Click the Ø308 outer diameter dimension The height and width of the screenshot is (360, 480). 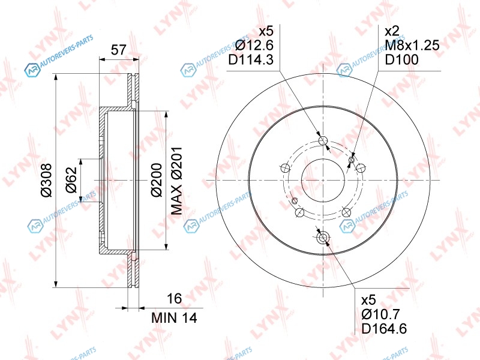click(x=47, y=181)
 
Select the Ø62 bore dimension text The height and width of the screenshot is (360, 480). click(x=72, y=180)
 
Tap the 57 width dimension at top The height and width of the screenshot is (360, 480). click(x=118, y=50)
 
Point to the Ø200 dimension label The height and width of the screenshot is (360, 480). click(x=156, y=180)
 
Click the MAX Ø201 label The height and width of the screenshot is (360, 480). click(x=176, y=181)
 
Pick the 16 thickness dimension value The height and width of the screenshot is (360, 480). click(x=174, y=298)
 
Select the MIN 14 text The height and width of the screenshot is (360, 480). click(x=174, y=318)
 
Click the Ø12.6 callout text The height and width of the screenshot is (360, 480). click(x=254, y=46)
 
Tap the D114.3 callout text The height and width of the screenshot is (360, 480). click(x=251, y=59)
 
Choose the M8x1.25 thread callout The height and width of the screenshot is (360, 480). click(x=412, y=46)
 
